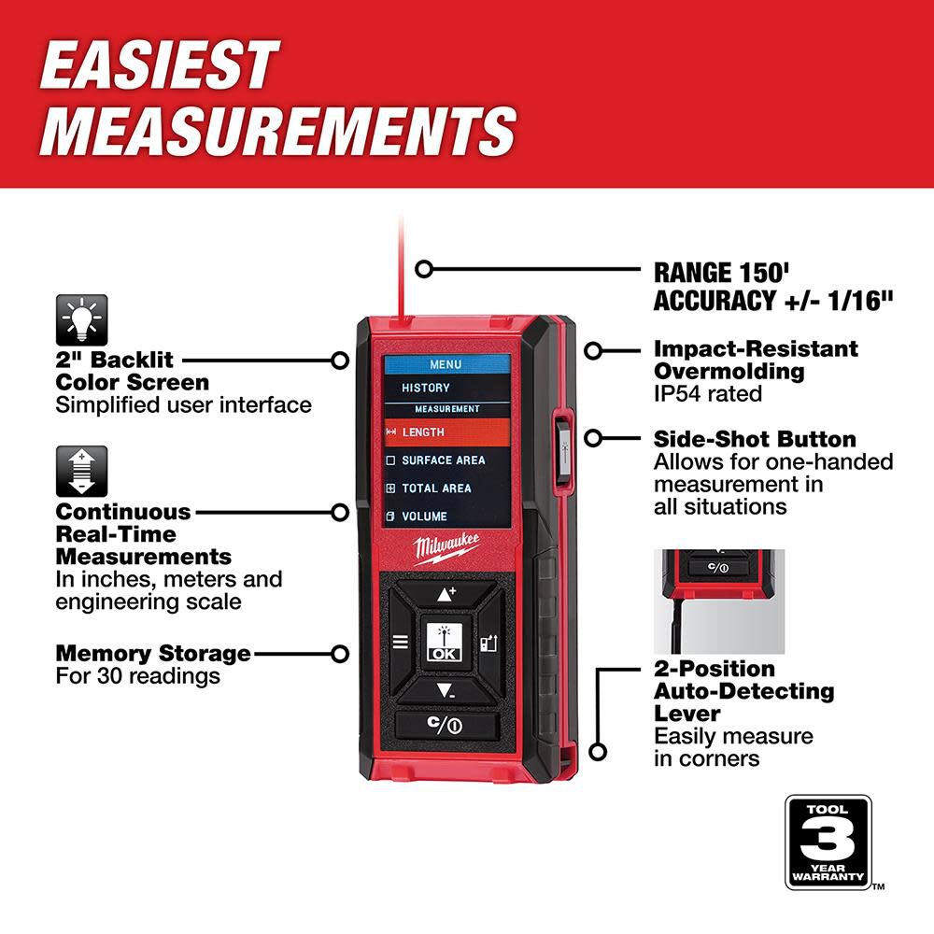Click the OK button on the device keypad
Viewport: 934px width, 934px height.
pyautogui.click(x=444, y=643)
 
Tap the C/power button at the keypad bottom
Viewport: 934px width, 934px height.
pyautogui.click(x=445, y=726)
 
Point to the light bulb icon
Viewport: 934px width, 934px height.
pyautogui.click(x=81, y=319)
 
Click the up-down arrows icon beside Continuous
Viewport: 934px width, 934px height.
pyautogui.click(x=81, y=471)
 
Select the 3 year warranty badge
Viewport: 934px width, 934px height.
pyautogui.click(x=828, y=842)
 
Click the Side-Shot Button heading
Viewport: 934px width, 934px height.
pyautogui.click(x=755, y=439)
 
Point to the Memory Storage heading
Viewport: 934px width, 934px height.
pyautogui.click(x=153, y=653)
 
